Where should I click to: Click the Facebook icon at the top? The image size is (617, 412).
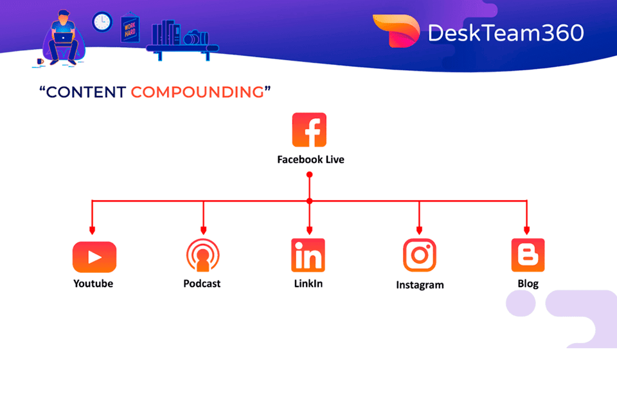309,130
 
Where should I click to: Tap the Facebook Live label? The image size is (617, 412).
310,159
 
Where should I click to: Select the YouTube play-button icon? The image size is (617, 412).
94,257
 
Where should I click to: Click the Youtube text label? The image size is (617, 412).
93,283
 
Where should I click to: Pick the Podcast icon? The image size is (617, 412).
203,256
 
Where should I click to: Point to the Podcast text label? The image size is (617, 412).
202,283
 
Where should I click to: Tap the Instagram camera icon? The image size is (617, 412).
420,255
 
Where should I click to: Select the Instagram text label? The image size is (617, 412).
420,285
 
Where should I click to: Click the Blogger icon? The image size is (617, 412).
528,255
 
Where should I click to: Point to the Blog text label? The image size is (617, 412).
528,283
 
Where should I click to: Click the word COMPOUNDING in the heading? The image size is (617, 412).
197,92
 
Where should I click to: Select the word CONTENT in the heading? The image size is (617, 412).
85,92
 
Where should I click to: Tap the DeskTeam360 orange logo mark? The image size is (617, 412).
395,30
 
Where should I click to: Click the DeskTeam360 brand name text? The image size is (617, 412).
506,32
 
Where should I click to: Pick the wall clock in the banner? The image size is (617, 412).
102,22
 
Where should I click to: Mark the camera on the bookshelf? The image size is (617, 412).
192,39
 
